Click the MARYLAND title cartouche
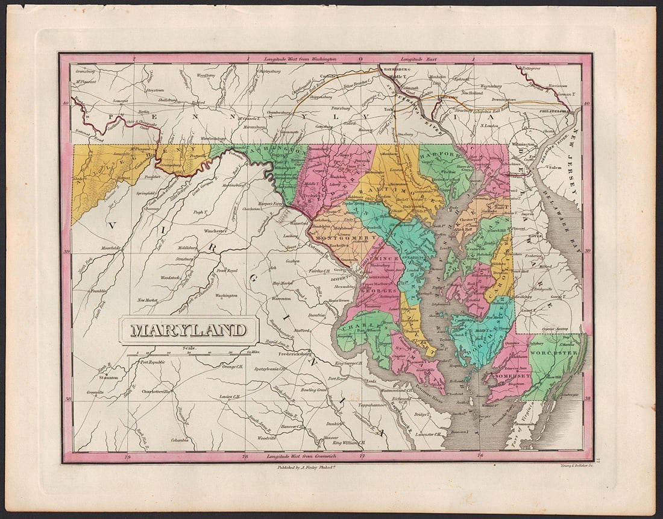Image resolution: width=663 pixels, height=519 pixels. [x=189, y=330]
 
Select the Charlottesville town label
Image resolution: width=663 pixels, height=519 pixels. [x=156, y=391]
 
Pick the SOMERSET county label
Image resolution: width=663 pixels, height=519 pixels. [x=512, y=376]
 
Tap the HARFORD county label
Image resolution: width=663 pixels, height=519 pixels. [x=436, y=154]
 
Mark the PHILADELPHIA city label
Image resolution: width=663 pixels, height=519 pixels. [x=555, y=111]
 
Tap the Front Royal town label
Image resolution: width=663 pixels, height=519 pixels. [x=228, y=271]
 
